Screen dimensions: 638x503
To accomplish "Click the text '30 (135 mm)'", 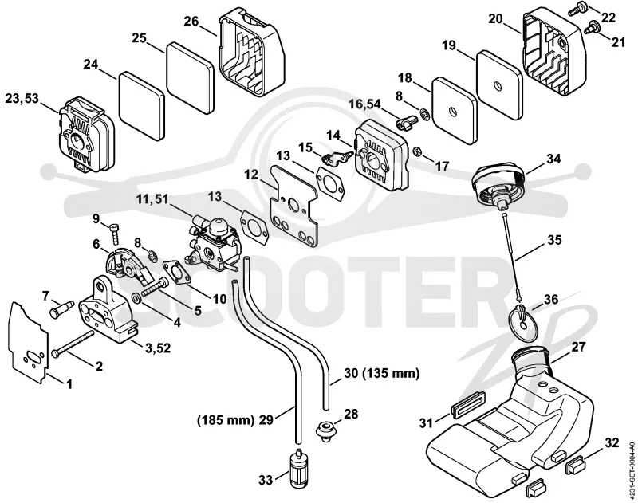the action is point(381,373).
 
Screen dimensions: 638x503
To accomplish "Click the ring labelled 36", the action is point(523,320).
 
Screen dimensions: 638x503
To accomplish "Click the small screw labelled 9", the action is point(114,234).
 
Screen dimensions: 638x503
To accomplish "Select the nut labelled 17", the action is point(416,152).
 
